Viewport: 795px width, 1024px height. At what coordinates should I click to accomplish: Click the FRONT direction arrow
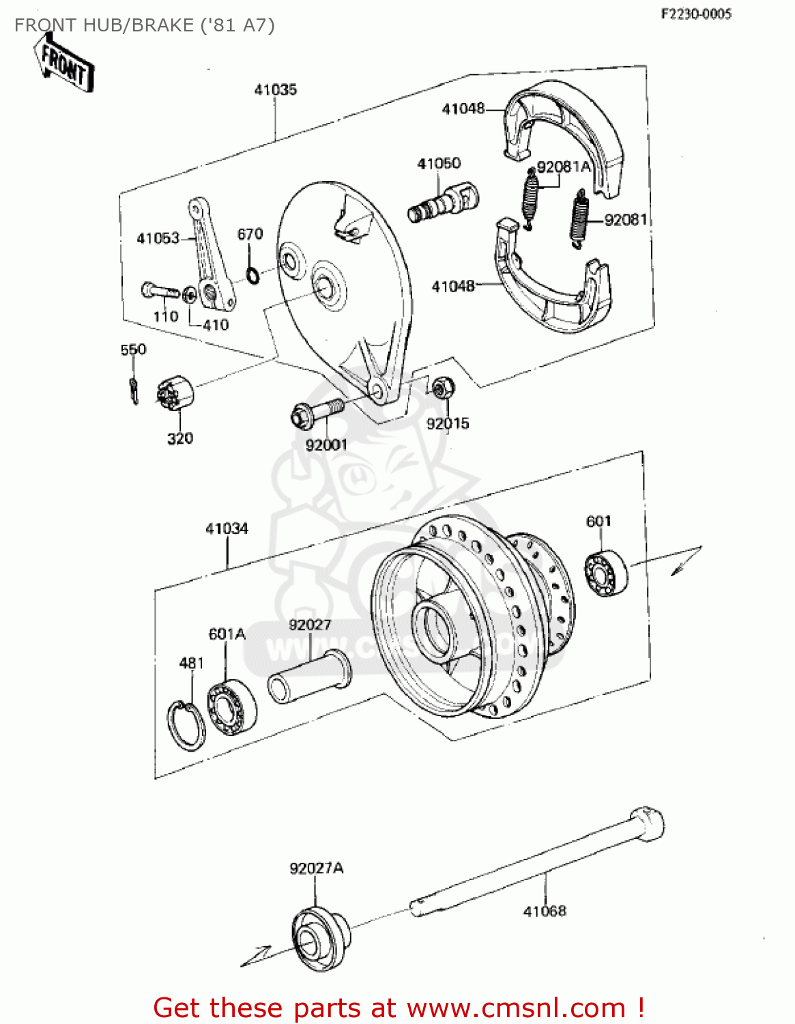tap(65, 63)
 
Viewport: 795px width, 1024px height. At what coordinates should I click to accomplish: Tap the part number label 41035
tap(275, 89)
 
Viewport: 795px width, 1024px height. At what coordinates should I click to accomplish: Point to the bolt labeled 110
tap(159, 291)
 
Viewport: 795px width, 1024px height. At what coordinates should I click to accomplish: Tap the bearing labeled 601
tap(605, 571)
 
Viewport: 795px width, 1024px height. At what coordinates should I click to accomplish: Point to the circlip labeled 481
tap(185, 724)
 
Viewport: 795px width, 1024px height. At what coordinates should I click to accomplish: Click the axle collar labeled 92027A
tap(320, 939)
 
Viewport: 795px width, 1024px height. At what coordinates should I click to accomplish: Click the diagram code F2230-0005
tap(695, 14)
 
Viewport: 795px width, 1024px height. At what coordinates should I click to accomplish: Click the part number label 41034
tap(227, 528)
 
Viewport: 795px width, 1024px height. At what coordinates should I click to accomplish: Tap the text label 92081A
tap(563, 167)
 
